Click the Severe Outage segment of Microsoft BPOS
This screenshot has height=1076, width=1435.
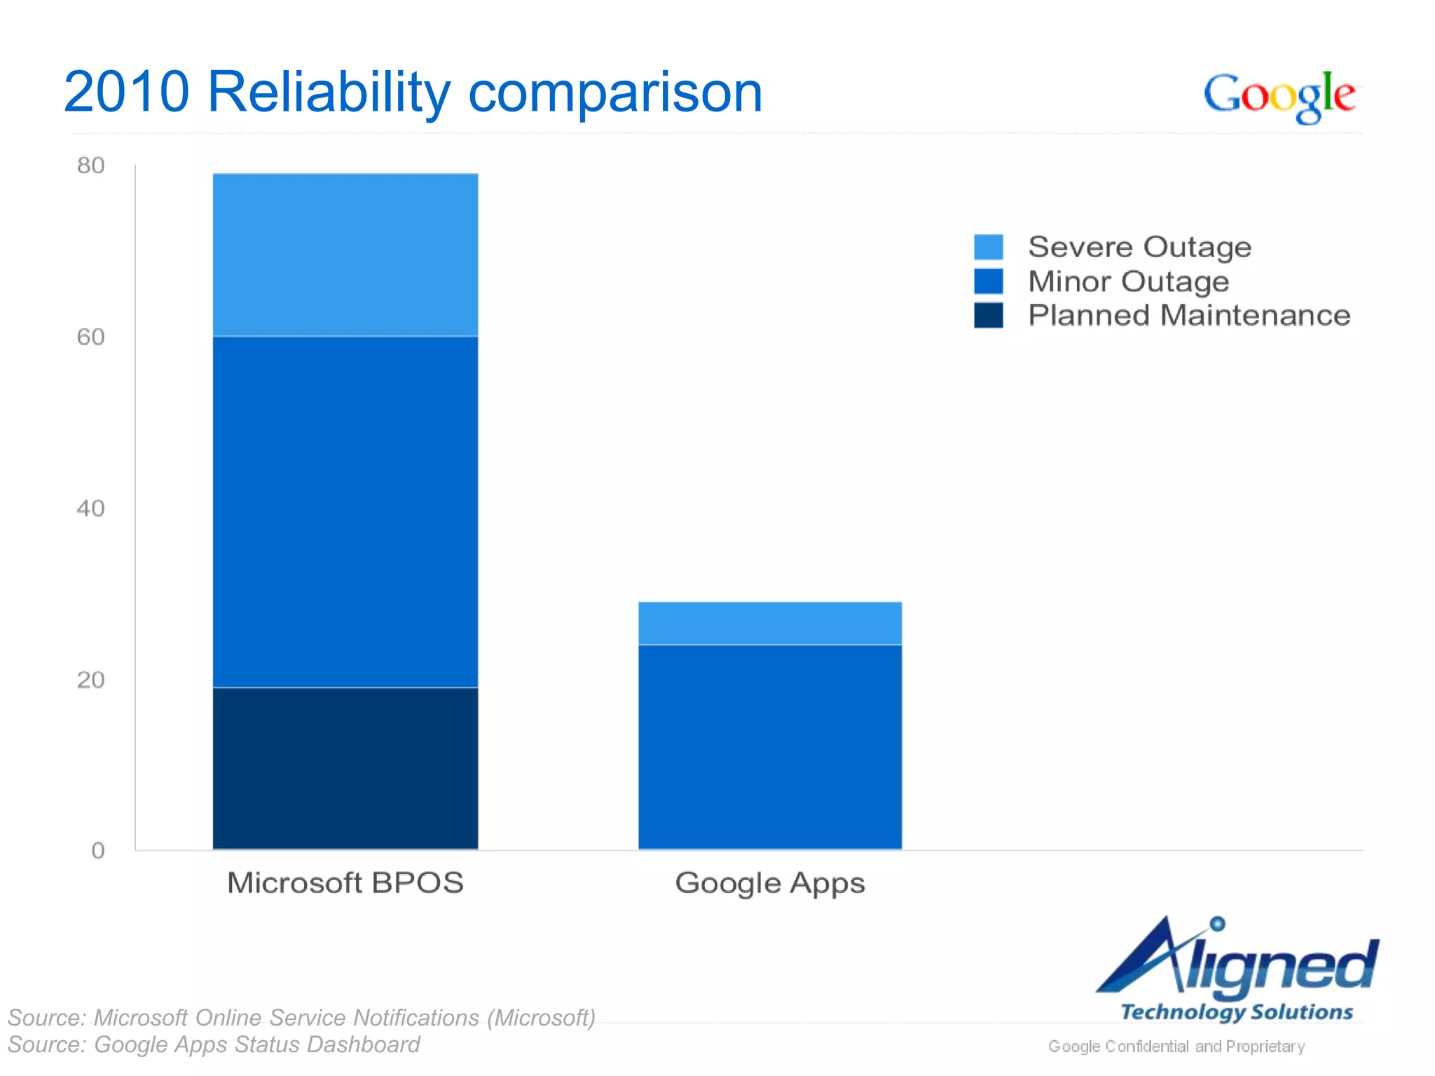(x=345, y=255)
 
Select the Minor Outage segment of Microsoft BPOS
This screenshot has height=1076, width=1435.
(x=345, y=511)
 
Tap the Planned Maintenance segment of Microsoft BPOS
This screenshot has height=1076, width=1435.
(x=345, y=768)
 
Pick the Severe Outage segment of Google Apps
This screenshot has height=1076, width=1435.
(x=770, y=623)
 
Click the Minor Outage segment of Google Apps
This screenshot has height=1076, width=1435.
(x=770, y=747)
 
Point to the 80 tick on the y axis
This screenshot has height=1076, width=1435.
(x=91, y=165)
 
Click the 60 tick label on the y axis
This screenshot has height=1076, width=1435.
(x=91, y=337)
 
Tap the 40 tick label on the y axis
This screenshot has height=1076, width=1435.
(x=91, y=508)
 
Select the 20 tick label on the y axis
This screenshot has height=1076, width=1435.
(x=91, y=680)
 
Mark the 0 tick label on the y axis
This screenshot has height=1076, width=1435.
(x=98, y=850)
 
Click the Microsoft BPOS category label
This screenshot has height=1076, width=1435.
(x=345, y=883)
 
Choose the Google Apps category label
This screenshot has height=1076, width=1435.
(x=770, y=883)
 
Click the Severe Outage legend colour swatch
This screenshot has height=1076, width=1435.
(x=988, y=247)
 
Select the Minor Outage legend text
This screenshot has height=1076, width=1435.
(x=1128, y=282)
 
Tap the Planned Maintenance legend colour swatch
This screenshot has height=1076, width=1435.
(x=988, y=315)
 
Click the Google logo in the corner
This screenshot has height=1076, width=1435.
(x=1279, y=96)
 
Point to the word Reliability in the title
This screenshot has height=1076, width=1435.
(x=329, y=92)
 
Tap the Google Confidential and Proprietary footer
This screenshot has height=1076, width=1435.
(x=1176, y=1046)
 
